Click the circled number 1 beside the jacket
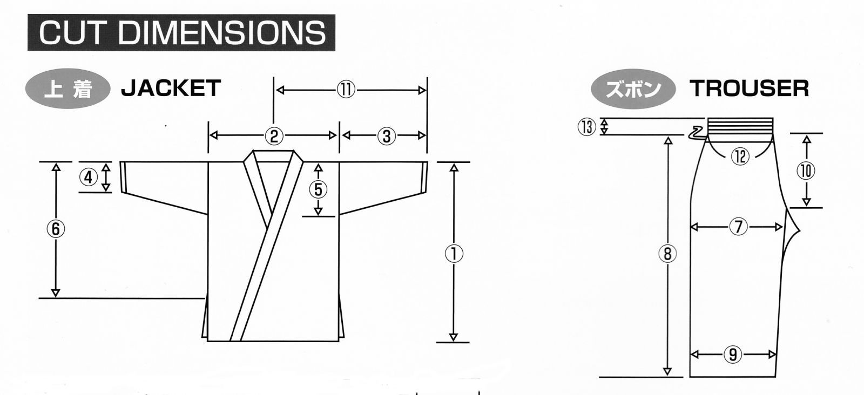[454, 254]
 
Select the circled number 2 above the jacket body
[274, 136]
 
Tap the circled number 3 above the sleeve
[387, 136]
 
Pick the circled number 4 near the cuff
[89, 178]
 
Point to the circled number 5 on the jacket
[318, 189]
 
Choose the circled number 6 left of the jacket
[56, 229]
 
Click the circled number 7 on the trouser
[738, 227]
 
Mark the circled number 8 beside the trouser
[667, 254]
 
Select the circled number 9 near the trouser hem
[733, 355]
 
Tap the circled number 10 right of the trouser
[806, 171]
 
